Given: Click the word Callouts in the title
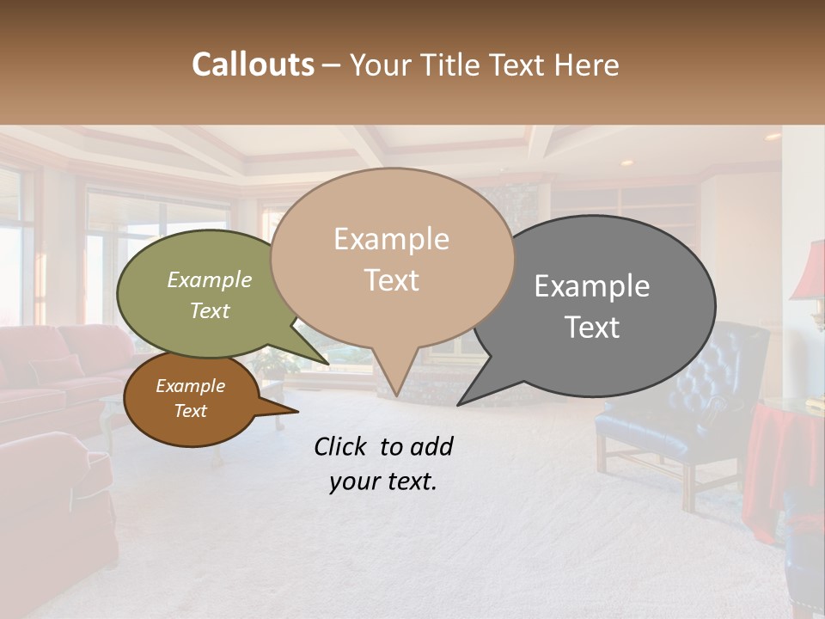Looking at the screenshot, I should pos(253,64).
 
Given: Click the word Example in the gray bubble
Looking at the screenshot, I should pos(592,286).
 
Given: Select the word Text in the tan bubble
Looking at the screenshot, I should pos(392,280).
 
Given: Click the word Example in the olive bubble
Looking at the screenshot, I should pos(210,280).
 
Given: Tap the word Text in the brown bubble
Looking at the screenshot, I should pos(191,411).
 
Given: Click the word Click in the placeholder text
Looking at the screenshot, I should pos(342,446).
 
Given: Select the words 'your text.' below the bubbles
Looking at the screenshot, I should pos(383,481).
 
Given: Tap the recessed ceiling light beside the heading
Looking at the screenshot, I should pos(773,137).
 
